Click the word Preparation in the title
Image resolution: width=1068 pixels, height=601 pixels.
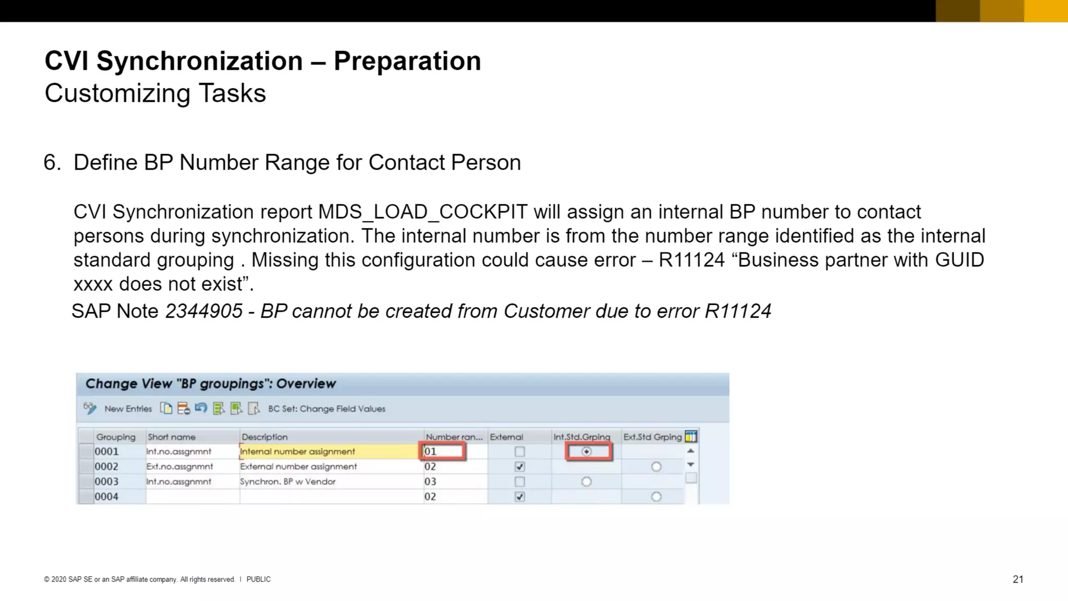[x=407, y=61]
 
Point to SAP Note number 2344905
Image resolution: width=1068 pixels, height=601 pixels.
[x=204, y=311]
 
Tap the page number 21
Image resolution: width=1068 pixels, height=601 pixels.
[x=1018, y=579]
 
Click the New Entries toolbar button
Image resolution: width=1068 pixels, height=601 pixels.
[x=128, y=408]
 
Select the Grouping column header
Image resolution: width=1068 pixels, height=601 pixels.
[x=115, y=437]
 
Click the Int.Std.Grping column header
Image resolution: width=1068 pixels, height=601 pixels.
[x=581, y=437]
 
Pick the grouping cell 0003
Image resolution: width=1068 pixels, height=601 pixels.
[x=106, y=482]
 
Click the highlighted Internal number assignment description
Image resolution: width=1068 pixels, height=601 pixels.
[x=297, y=451]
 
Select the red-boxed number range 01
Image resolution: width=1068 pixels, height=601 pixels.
[x=442, y=451]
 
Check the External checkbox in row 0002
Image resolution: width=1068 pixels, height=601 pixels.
[x=519, y=466]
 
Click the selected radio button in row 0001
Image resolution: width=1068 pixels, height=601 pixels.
[x=587, y=451]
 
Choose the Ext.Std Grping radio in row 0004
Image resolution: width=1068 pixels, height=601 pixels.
[x=656, y=497]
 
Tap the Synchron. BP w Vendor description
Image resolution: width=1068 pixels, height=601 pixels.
[x=287, y=482]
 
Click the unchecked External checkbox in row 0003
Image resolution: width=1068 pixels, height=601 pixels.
[x=519, y=482]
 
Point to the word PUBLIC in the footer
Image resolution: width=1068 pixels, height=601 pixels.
[x=258, y=579]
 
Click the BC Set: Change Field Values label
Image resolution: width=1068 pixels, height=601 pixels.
[x=326, y=408]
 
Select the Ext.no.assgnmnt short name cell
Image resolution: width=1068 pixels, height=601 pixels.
[x=179, y=466]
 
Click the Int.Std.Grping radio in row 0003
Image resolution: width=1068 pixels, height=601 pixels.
[x=587, y=482]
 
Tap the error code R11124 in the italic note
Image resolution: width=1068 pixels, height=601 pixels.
[x=737, y=311]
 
